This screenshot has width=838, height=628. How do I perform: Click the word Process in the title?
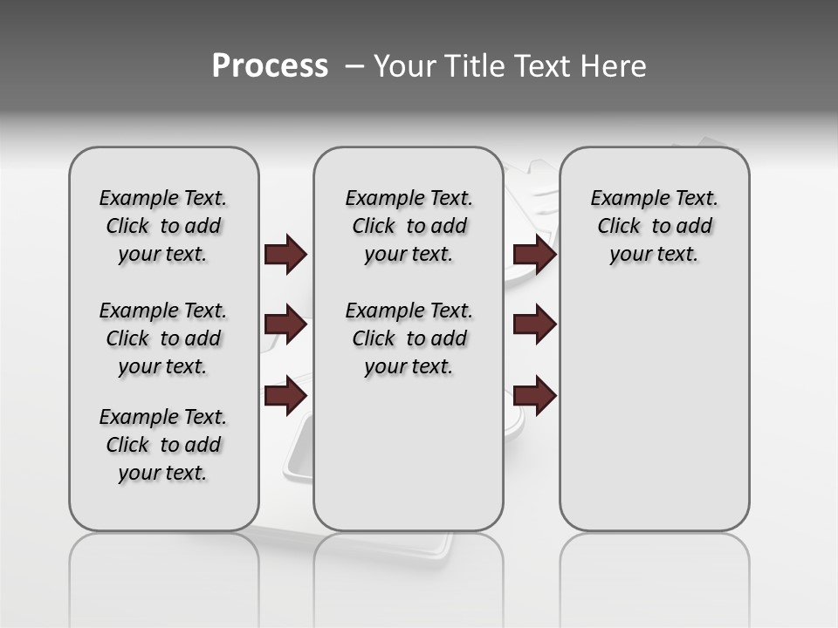tap(270, 66)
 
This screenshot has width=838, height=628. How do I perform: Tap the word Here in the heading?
tap(613, 66)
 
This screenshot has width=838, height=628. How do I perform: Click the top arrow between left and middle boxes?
tap(285, 254)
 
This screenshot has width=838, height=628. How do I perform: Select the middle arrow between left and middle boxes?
tap(285, 324)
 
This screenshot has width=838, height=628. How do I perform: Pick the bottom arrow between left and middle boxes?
tap(285, 396)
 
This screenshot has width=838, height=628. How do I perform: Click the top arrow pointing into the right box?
tap(535, 254)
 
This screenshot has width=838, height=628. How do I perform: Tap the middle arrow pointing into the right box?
tap(535, 324)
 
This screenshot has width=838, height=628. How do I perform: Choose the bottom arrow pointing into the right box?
tap(535, 396)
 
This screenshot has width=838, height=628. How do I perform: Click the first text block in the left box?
tap(163, 226)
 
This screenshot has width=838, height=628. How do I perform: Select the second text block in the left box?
tap(163, 338)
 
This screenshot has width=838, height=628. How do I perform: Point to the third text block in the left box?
tap(163, 445)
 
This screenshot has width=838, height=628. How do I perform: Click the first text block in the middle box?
tap(409, 226)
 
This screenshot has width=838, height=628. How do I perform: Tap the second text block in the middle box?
tap(409, 338)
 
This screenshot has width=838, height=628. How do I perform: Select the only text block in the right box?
tap(654, 226)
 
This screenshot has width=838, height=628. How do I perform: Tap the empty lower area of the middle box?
tap(409, 454)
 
